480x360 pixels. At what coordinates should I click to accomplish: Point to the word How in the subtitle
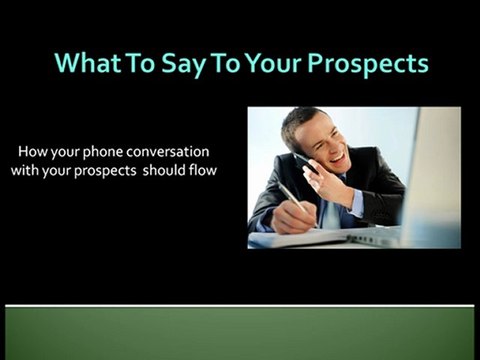pyautogui.click(x=32, y=153)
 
